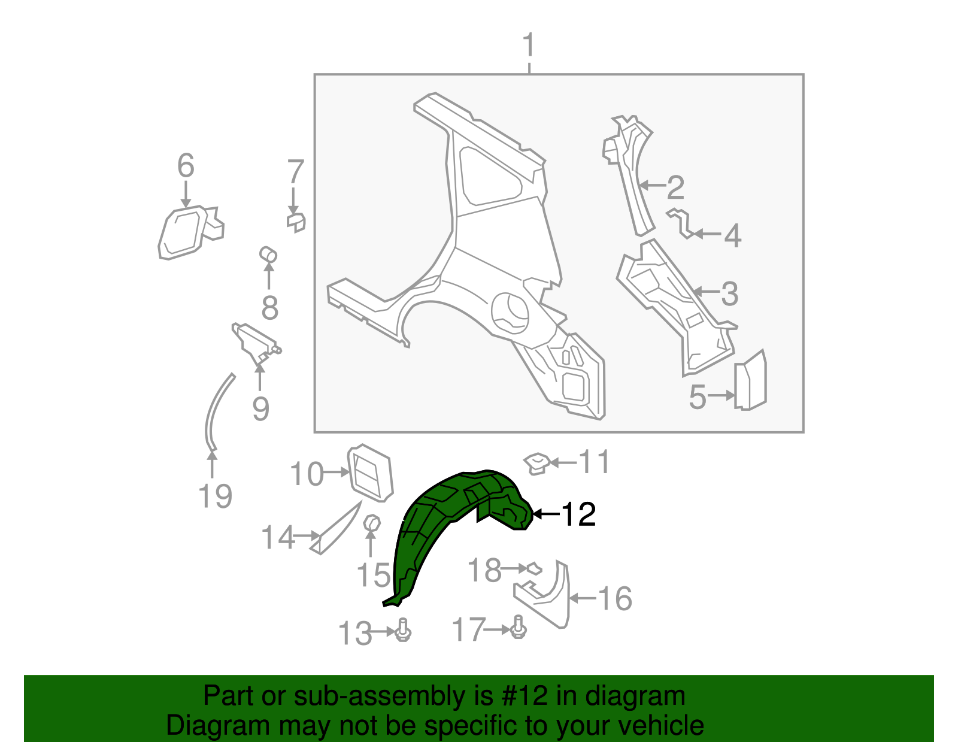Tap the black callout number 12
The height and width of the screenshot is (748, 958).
click(x=578, y=514)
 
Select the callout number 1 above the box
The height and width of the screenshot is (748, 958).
click(x=528, y=46)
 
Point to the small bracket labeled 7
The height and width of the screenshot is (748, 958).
click(x=296, y=222)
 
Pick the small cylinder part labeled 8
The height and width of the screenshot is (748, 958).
click(x=268, y=255)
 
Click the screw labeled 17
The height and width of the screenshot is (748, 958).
click(x=519, y=628)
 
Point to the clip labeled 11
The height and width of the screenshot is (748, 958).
click(x=536, y=463)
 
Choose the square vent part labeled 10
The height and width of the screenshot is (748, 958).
click(x=369, y=472)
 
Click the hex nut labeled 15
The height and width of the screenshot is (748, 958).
click(x=372, y=523)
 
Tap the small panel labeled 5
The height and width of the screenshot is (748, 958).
click(x=751, y=381)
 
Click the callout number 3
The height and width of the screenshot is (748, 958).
click(x=729, y=293)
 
